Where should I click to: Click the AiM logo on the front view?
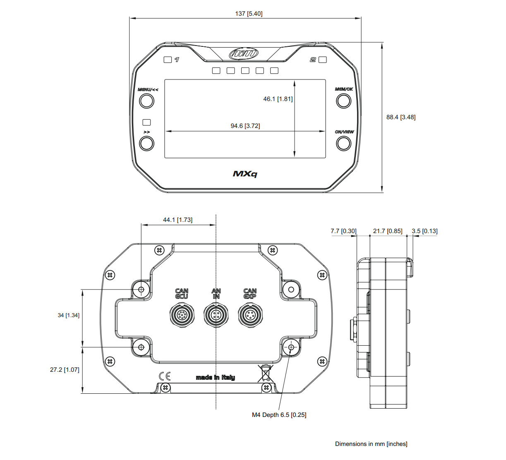tap(244, 53)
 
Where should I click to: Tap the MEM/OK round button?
tap(343, 101)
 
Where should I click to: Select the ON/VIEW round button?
tap(343, 143)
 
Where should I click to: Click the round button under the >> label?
tap(146, 143)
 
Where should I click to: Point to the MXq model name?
tap(245, 174)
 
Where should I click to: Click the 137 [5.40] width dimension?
tap(249, 14)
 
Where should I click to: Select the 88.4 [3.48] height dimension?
tap(400, 117)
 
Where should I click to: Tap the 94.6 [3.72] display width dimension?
tap(245, 126)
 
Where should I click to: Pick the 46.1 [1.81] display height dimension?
tap(278, 99)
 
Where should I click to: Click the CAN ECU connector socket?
tap(182, 315)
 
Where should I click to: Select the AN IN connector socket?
tap(216, 315)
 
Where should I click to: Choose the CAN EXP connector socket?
tap(250, 315)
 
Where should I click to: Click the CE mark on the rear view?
tap(165, 376)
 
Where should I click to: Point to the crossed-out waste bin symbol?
tap(265, 373)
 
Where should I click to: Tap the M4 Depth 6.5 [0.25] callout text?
tap(279, 415)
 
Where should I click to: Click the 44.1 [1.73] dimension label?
tap(177, 220)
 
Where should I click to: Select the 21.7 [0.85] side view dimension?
tap(387, 231)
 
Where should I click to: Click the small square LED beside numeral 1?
tap(168, 60)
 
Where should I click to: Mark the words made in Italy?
tap(215, 377)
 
